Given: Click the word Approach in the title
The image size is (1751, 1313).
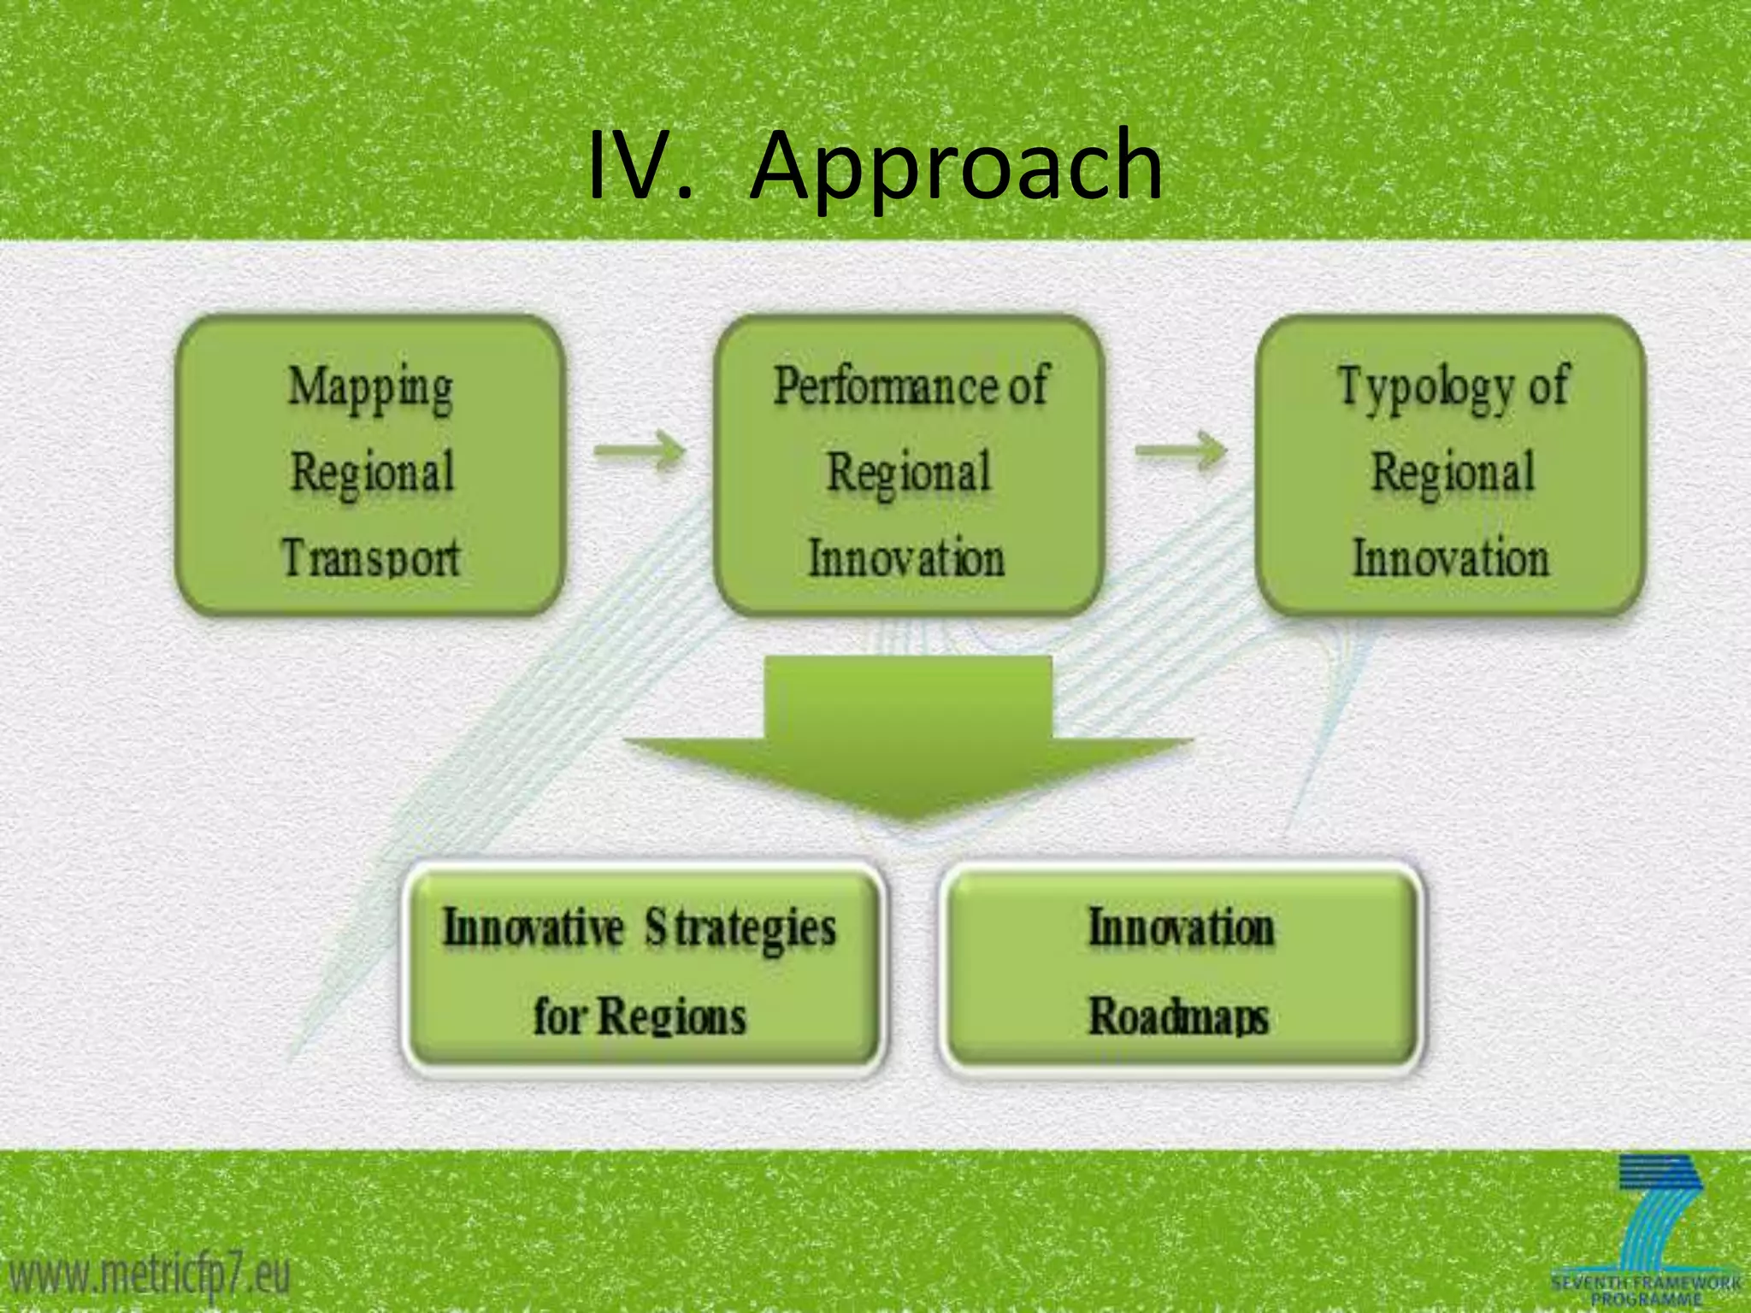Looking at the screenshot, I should [x=956, y=167].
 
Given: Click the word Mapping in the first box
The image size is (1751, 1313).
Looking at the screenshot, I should [x=370, y=387].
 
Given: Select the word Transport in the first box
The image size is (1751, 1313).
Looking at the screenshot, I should [x=370, y=557].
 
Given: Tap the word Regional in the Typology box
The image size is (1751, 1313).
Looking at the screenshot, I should [x=1453, y=473].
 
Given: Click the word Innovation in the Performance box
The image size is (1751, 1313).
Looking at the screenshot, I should [x=907, y=557].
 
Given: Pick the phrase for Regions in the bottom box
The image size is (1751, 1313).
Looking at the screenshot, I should [x=640, y=1017].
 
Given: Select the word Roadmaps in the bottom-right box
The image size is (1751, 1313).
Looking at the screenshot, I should [x=1178, y=1017].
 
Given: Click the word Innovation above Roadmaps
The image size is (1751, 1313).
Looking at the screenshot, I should [x=1181, y=928].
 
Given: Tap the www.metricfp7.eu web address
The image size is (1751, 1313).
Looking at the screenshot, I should [x=150, y=1276].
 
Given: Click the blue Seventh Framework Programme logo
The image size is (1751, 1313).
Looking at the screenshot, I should [x=1646, y=1231].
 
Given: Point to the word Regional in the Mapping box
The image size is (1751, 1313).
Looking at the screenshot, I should [x=372, y=473].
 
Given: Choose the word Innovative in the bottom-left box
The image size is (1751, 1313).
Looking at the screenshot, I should [x=533, y=928].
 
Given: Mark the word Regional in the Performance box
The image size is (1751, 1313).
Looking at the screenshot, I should [x=909, y=473].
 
